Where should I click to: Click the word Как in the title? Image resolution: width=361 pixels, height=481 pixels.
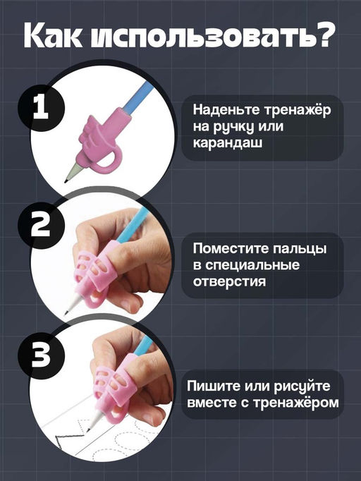click(57, 37)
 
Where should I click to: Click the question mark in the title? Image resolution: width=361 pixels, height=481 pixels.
click(323, 37)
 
